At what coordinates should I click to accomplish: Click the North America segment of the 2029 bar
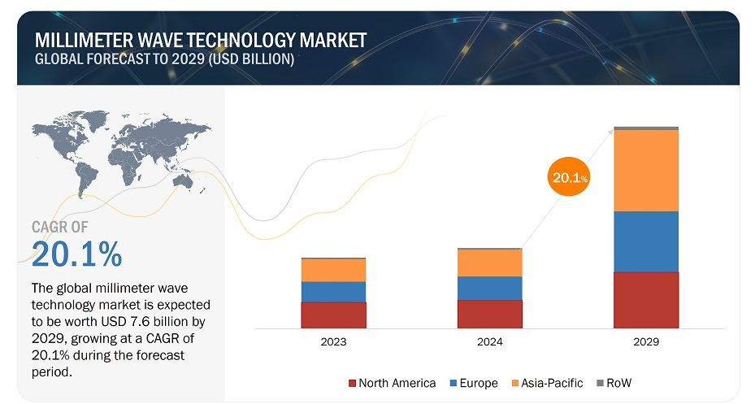tap(646, 300)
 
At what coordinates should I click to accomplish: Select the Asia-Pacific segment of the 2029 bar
tap(646, 171)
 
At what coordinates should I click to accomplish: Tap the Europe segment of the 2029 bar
tap(646, 241)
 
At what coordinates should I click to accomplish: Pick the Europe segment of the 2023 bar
tap(333, 292)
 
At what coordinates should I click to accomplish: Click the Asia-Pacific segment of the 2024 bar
tap(490, 263)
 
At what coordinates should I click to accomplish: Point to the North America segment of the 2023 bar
tap(333, 315)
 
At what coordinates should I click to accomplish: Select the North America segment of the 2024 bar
tap(490, 314)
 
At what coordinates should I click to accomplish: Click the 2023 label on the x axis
tap(333, 342)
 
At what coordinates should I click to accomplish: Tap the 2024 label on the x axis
tap(490, 342)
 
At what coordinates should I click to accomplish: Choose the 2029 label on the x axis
tap(646, 342)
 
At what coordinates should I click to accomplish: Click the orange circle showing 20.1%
tap(568, 178)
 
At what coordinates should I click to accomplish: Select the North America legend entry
tap(392, 383)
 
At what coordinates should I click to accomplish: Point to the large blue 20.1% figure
tap(77, 254)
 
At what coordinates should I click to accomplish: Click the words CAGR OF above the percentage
tap(60, 228)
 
